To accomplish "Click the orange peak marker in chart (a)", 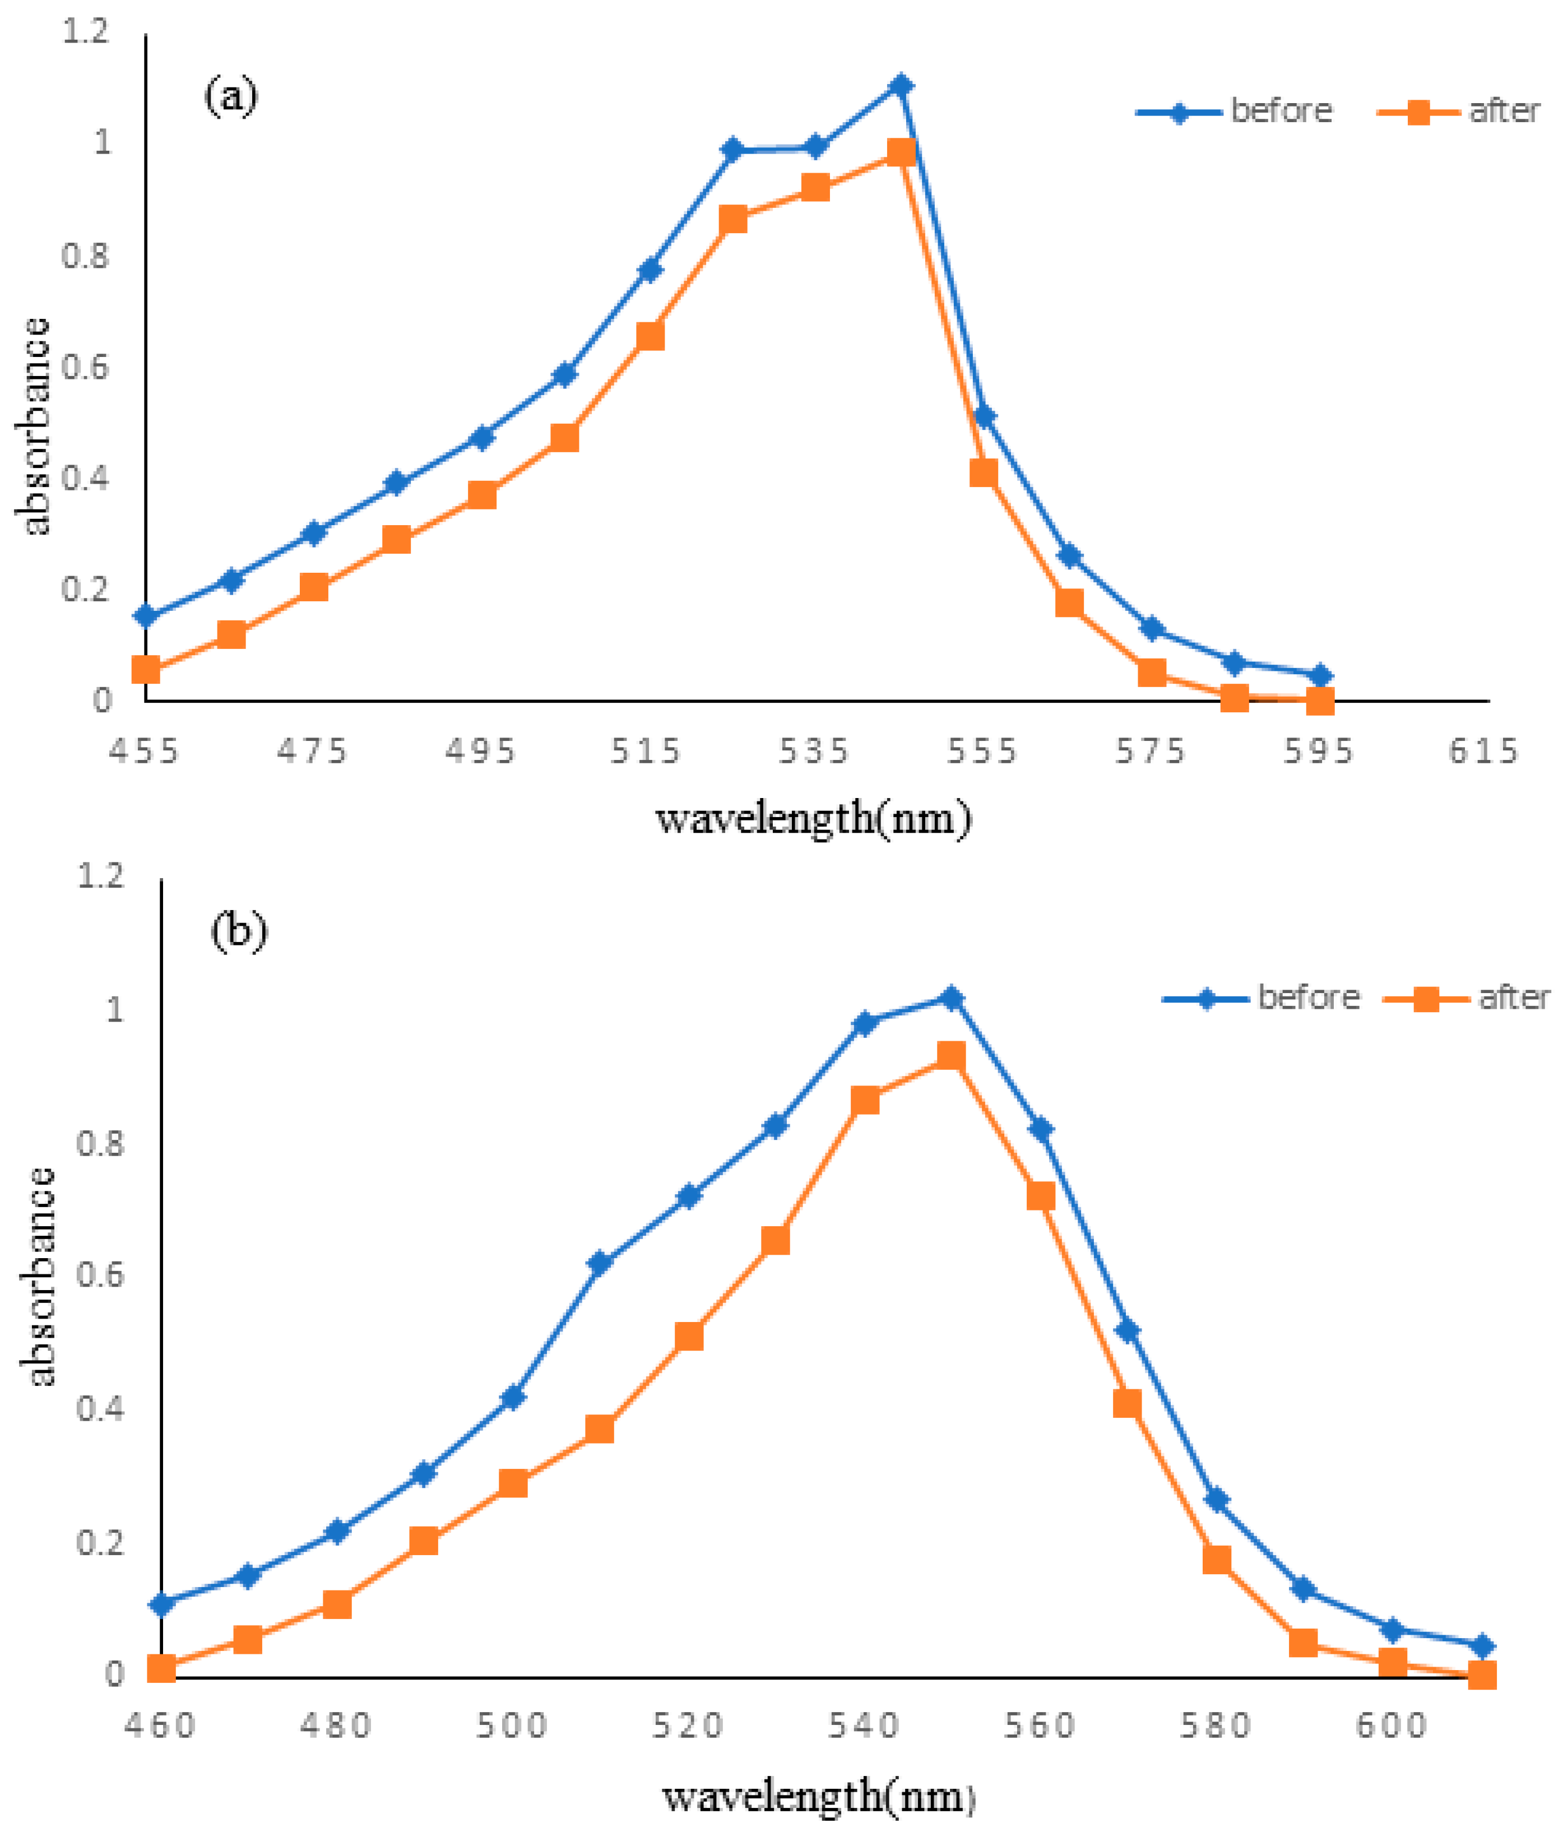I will click(x=900, y=152).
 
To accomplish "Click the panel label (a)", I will click(x=231, y=95).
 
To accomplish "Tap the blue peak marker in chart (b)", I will click(x=951, y=998).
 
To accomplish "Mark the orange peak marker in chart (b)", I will click(x=951, y=1056).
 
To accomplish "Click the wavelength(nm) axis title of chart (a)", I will click(x=813, y=818).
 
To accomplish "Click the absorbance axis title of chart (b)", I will click(x=38, y=1278).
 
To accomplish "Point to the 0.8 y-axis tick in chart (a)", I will click(x=86, y=257).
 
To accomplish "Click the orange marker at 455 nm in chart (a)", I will click(x=146, y=669).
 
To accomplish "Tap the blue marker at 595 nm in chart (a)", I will click(x=1320, y=675).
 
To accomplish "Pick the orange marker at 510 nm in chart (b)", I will click(x=600, y=1430).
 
